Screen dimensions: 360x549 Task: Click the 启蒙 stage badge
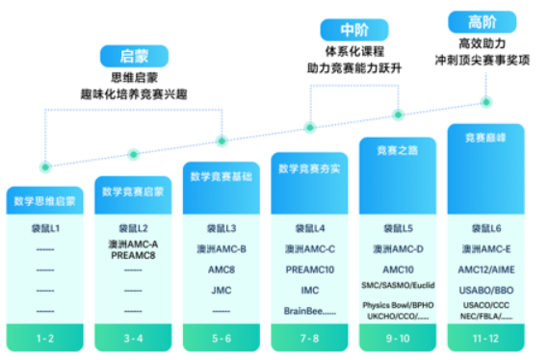point(136,57)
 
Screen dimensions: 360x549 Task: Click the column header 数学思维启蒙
point(45,201)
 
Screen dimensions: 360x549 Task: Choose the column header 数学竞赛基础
point(221,176)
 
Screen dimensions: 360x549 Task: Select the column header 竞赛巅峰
point(485,138)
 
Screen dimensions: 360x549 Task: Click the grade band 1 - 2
point(45,339)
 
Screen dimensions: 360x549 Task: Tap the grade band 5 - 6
point(221,339)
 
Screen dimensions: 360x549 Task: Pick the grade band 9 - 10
point(397,339)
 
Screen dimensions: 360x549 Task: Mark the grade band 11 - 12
point(485,339)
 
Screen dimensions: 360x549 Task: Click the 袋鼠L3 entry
point(221,228)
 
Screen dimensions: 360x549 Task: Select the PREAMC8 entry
point(133,254)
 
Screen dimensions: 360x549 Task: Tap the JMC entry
point(221,290)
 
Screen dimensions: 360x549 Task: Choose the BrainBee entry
point(308,310)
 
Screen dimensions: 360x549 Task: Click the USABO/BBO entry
point(485,290)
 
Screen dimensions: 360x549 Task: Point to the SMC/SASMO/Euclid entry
point(397,286)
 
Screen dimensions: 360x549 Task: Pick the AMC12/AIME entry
point(485,270)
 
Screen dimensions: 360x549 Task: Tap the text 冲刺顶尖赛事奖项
point(482,60)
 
